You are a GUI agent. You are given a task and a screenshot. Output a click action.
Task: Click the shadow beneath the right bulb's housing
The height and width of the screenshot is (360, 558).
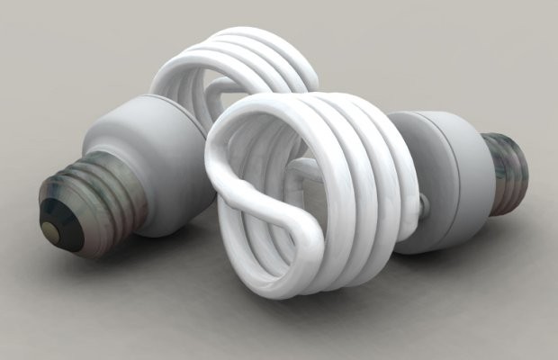pos(450,247)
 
